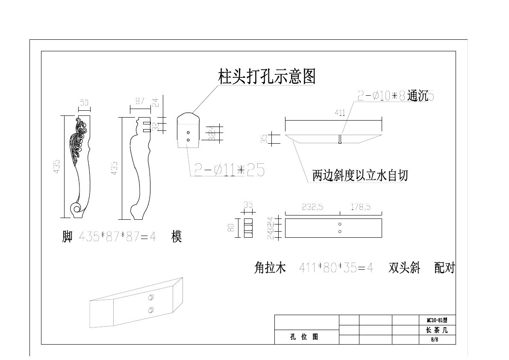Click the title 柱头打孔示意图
click(267, 77)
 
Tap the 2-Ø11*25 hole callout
click(229, 170)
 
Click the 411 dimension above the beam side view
click(340, 113)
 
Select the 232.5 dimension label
click(312, 207)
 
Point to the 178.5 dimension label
click(360, 207)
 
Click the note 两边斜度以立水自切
click(360, 175)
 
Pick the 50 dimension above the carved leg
click(84, 103)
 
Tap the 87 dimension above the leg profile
click(140, 101)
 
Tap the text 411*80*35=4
click(336, 269)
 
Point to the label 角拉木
click(270, 269)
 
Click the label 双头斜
click(404, 269)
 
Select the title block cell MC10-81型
click(437, 320)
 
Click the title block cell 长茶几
click(437, 330)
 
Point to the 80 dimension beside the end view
click(231, 228)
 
